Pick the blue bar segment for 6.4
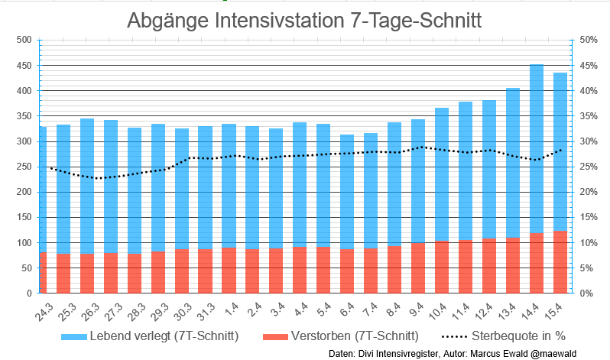[347, 191]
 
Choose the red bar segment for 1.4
[229, 270]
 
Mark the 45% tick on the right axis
[589, 66]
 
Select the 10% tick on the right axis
[589, 243]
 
